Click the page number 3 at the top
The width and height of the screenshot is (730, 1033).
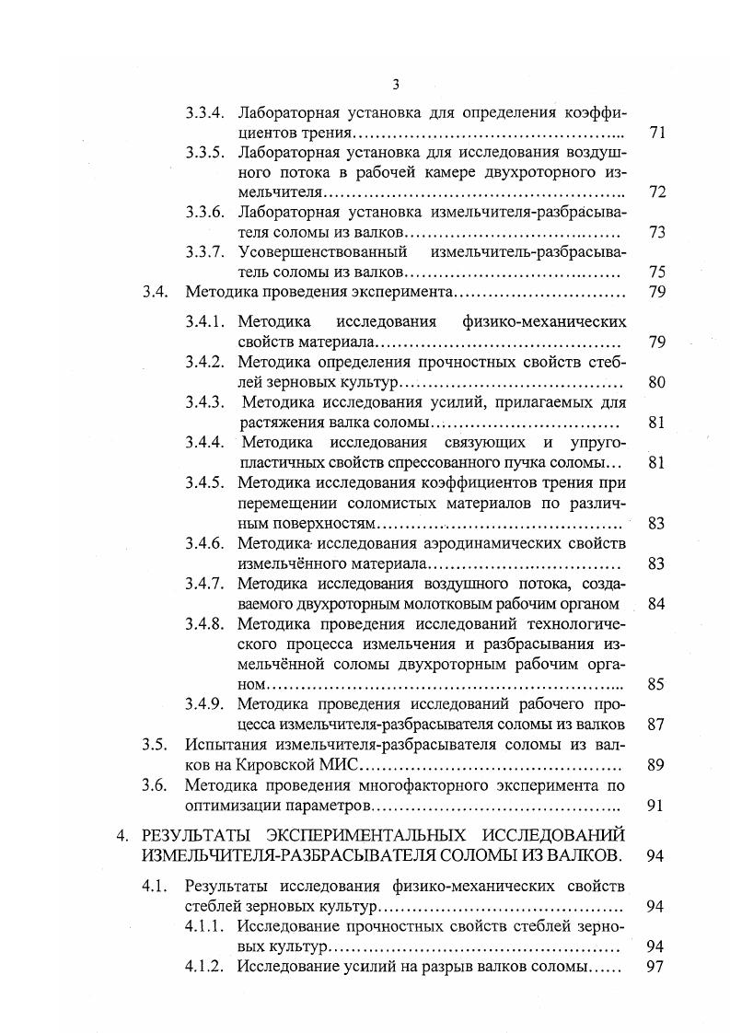point(395,86)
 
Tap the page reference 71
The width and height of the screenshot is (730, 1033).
point(656,133)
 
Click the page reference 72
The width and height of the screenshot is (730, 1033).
point(656,192)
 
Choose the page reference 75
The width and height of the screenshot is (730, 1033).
point(656,272)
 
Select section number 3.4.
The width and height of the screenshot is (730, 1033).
point(155,292)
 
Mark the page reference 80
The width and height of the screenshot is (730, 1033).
point(656,382)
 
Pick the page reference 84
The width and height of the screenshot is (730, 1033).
point(656,604)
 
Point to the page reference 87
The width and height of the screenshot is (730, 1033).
point(656,725)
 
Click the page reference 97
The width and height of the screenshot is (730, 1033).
point(656,967)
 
